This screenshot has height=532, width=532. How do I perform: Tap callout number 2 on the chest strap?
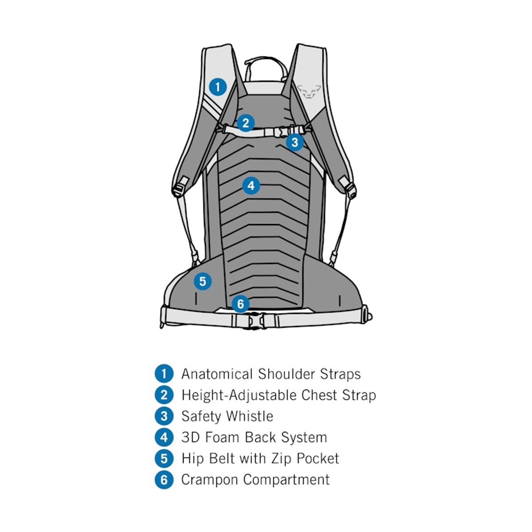[x=246, y=123]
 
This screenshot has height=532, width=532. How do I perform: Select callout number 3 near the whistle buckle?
[x=295, y=142]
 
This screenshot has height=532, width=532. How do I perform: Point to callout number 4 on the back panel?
[x=251, y=186]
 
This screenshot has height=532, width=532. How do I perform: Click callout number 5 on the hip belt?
[x=203, y=281]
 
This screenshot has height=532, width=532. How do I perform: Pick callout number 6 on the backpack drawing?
[x=240, y=304]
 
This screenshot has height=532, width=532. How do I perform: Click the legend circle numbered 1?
[x=164, y=374]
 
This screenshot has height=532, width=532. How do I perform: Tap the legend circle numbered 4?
[x=164, y=438]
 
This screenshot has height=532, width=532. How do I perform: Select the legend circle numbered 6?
[x=164, y=480]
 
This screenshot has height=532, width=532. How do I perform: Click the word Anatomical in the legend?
[x=217, y=374]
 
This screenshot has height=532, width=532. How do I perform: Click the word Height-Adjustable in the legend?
[x=239, y=395]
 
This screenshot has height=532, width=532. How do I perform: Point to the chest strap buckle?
[x=284, y=131]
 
